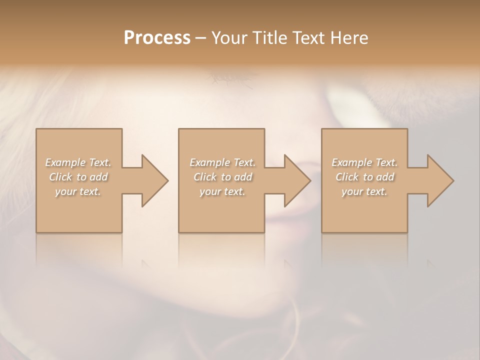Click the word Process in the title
pos(157,38)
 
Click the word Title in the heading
pos(265,38)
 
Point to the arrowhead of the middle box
pos(297,180)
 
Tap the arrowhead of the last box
pos(440,180)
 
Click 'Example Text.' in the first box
pos(78,162)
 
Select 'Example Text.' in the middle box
pos(222,162)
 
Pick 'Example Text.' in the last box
pos(364,162)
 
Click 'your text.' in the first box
pos(78,191)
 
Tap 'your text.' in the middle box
pos(222,191)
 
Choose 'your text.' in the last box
pos(364,191)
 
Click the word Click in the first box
pos(60,177)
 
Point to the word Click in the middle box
pos(205,177)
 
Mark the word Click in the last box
pos(347,177)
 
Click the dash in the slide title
pos(200,38)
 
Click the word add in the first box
pos(98,177)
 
